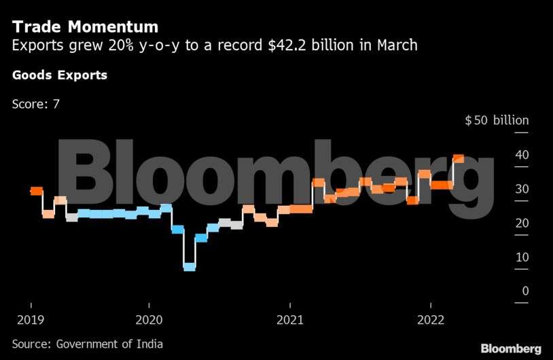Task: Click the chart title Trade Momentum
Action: pos(85,26)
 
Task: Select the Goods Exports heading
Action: pos(60,75)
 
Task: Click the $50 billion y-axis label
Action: pos(496,120)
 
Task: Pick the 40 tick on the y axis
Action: pos(521,155)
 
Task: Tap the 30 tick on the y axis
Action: pos(521,189)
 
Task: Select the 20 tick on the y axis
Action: pos(521,223)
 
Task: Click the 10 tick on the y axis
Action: pos(521,257)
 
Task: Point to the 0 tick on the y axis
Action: pos(524,291)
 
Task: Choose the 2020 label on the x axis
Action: pos(149,319)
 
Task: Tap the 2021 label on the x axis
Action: pos(289,319)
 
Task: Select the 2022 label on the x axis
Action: pos(431,319)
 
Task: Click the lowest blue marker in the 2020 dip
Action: pos(190,267)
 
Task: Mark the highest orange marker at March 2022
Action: pos(459,158)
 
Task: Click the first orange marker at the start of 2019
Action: pos(37,191)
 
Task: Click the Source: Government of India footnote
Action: pos(88,344)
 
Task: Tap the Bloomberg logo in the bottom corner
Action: pos(511,348)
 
